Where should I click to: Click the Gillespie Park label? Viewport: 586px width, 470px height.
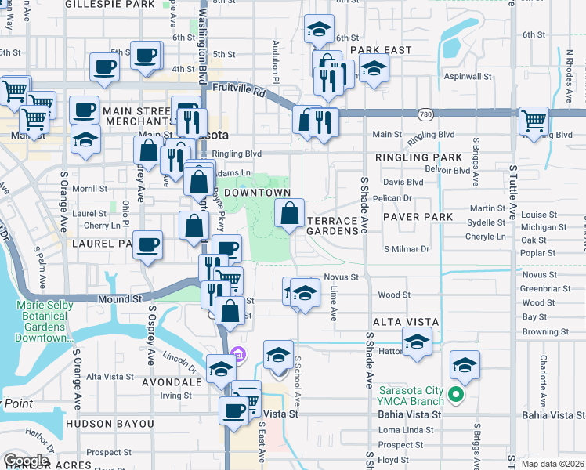pos(110,4)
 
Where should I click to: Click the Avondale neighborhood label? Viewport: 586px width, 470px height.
pos(172,383)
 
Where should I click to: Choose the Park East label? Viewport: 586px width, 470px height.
pos(381,50)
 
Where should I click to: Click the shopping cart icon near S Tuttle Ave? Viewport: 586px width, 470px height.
pos(534,121)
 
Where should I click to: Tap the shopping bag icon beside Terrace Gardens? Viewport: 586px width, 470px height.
pos(289,212)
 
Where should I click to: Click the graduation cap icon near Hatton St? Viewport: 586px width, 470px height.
pos(417,342)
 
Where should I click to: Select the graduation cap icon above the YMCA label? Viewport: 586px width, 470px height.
pos(465,364)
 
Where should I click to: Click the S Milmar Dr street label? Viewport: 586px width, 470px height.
pos(407,249)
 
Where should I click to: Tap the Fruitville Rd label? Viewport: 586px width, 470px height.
pos(239,90)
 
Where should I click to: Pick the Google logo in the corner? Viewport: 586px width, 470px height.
pos(27,461)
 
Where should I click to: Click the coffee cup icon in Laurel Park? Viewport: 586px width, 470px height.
pos(147,244)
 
